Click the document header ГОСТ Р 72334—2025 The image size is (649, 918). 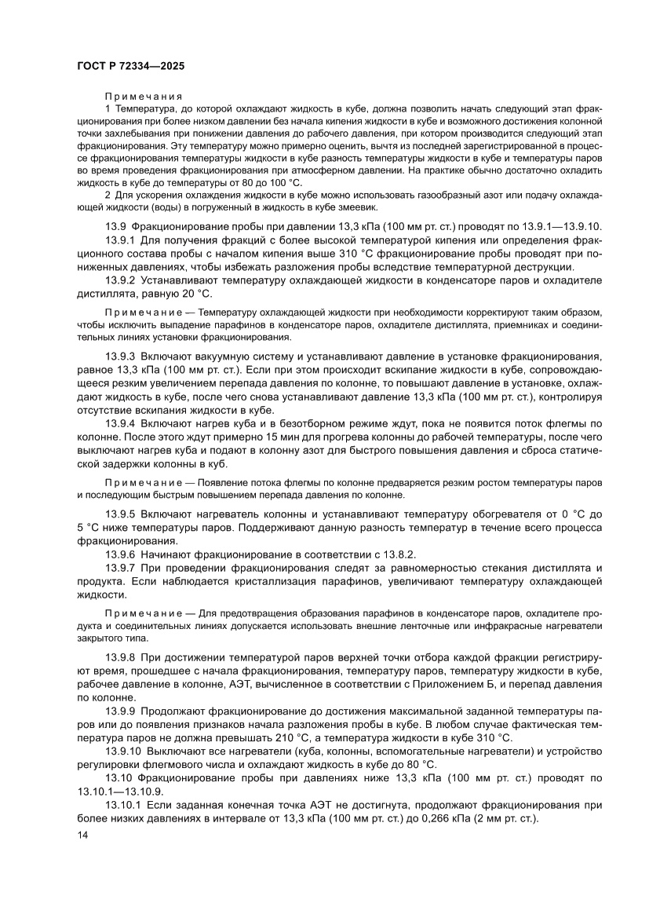click(x=131, y=68)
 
